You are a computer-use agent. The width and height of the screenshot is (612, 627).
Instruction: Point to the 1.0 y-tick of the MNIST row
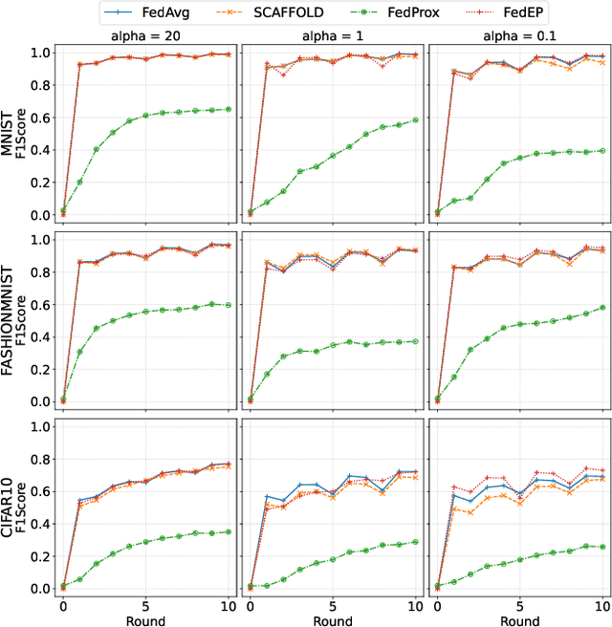(39, 52)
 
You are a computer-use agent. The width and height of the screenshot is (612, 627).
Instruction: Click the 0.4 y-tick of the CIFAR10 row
(39, 524)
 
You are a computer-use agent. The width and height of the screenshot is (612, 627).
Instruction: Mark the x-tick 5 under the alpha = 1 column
(331, 604)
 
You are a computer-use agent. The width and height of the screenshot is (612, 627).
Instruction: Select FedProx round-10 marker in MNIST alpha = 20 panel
(227, 109)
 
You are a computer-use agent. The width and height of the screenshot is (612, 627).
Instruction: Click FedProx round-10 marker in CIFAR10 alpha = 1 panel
(413, 542)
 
